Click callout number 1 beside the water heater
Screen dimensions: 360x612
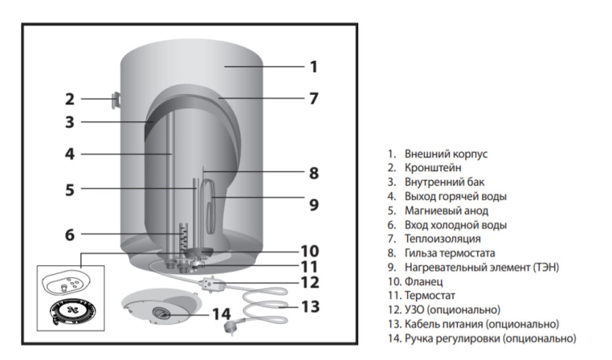click(313, 66)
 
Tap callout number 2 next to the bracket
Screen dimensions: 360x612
click(70, 100)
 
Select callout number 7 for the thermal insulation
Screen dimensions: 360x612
click(313, 99)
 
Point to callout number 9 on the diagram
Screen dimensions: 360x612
click(313, 204)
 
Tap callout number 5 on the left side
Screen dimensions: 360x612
click(70, 190)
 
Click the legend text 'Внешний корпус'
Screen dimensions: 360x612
click(446, 153)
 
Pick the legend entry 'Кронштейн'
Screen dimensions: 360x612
click(434, 167)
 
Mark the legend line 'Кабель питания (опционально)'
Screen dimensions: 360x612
click(481, 324)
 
